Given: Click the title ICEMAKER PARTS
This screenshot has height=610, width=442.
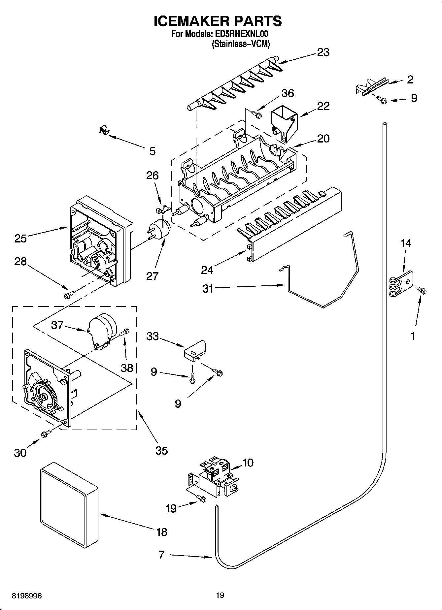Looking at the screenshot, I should (218, 21).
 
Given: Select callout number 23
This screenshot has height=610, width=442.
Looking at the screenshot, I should (323, 52).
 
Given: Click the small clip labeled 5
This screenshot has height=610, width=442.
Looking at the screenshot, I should (104, 131).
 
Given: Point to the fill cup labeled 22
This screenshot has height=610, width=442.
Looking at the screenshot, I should (284, 125).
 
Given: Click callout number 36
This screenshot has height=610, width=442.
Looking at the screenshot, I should (288, 93).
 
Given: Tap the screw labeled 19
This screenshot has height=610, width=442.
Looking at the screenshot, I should (201, 499).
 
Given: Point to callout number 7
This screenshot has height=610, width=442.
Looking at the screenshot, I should (161, 555).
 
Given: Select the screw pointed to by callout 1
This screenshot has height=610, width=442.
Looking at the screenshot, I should (422, 290).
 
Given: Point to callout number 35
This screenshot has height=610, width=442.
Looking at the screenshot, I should (161, 450).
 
